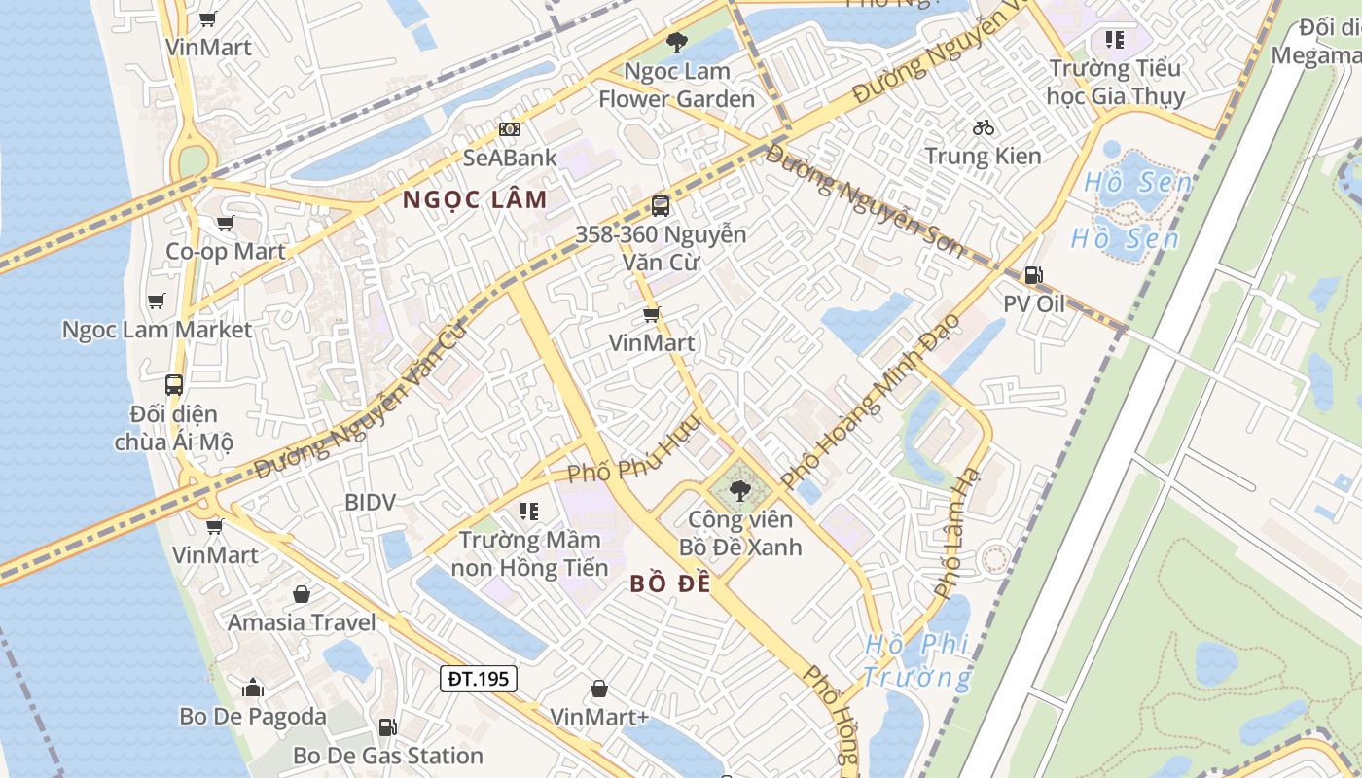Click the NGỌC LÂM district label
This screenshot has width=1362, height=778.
click(x=475, y=200)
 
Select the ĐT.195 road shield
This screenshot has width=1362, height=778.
click(x=478, y=678)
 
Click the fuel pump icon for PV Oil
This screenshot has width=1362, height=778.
click(x=1033, y=275)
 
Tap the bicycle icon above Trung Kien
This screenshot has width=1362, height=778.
click(x=983, y=127)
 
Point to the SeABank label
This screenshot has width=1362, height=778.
click(x=510, y=158)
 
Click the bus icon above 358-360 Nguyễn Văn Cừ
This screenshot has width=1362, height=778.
click(x=660, y=206)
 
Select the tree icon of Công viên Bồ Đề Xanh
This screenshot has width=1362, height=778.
click(x=739, y=490)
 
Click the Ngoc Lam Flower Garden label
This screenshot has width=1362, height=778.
click(x=676, y=85)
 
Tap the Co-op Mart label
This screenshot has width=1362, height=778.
click(x=225, y=251)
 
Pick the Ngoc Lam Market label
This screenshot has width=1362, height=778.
click(x=157, y=330)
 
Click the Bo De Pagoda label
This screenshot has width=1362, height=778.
click(x=252, y=717)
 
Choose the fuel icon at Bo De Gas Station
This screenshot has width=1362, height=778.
click(x=387, y=727)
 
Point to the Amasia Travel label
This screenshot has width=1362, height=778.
click(x=301, y=622)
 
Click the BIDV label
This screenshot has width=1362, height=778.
click(x=370, y=503)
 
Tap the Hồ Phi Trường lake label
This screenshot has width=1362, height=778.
click(x=917, y=660)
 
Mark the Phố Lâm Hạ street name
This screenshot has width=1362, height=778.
click(x=959, y=531)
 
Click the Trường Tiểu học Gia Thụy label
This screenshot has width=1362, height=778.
click(x=1115, y=82)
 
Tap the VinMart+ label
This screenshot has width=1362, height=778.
click(x=599, y=717)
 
